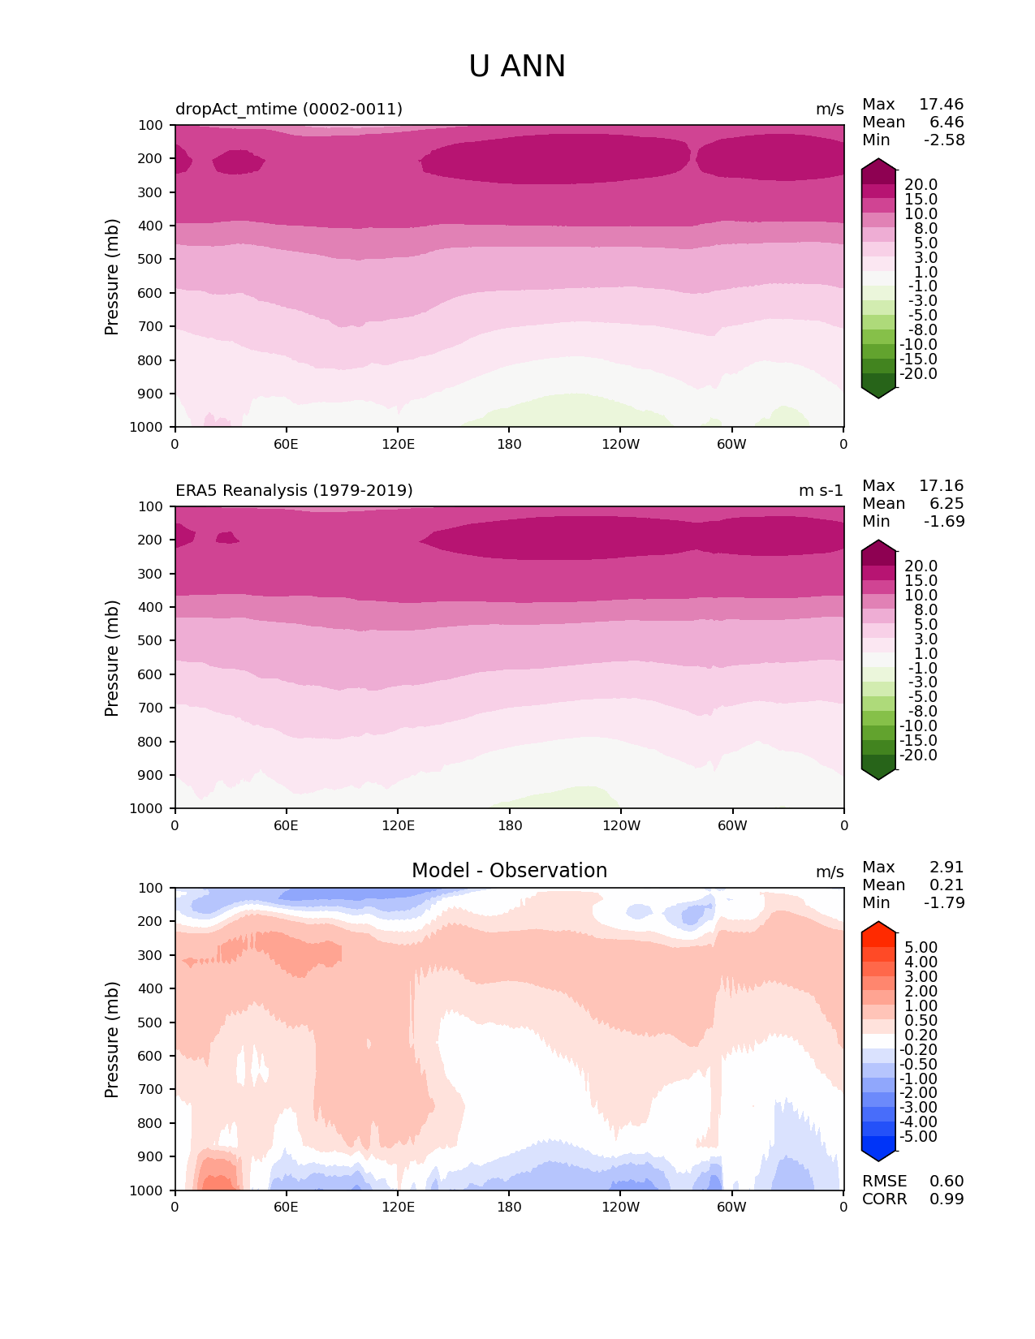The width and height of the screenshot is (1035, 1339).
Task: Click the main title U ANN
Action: pos(517,67)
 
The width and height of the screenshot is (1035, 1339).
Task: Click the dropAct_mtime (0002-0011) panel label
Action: pos(288,109)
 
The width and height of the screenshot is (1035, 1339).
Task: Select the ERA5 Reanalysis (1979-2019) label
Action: pos(294,490)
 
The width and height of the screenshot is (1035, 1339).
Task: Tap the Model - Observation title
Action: pos(509,871)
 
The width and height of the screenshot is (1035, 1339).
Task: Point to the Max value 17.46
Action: pos(941,105)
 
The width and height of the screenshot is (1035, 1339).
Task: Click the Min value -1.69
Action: pos(944,522)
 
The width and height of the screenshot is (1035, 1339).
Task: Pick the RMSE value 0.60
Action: pos(947,1182)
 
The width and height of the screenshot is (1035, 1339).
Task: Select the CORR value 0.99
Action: pos(947,1199)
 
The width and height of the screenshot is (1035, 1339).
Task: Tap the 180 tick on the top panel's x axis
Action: pos(509,445)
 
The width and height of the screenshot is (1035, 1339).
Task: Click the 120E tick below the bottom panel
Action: pos(398,1208)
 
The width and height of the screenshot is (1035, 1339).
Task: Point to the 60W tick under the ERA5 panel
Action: pos(732,826)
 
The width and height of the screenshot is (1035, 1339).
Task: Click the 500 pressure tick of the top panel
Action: pos(152,260)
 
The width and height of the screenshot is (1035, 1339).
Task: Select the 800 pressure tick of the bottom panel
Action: pos(152,1123)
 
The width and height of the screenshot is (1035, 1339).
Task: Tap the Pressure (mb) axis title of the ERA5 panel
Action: pos(112,658)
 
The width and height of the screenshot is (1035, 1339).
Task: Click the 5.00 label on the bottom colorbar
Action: pos(921,948)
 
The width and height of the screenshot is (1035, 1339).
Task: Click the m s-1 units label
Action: pos(821,490)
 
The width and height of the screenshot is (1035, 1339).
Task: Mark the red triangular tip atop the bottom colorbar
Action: pos(878,928)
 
